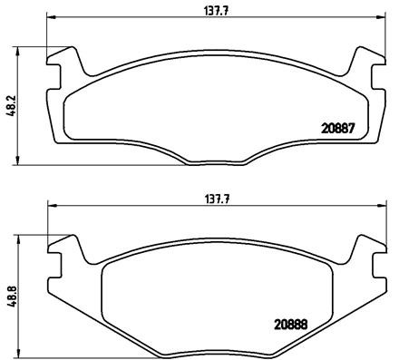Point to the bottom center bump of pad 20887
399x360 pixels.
tap(210, 164)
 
